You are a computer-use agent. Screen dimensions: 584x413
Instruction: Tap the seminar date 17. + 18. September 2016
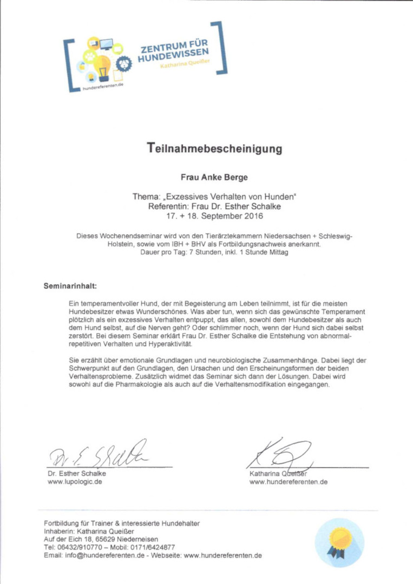click(x=215, y=216)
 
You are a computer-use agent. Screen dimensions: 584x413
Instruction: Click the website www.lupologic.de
click(x=75, y=482)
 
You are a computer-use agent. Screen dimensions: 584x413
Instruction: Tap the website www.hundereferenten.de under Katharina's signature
click(x=288, y=482)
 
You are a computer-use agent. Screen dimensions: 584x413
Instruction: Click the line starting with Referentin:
click(x=215, y=207)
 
